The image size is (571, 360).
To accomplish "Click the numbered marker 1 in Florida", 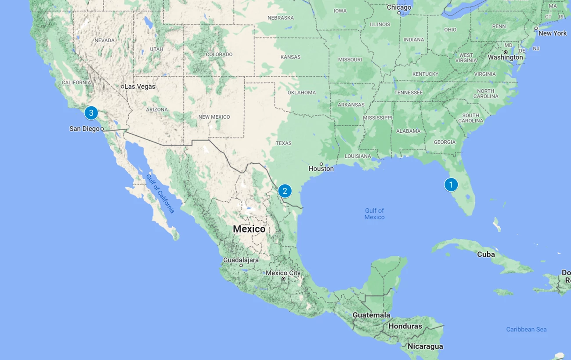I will coord(451,185).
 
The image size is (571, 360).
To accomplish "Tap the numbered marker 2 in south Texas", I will coord(285,191).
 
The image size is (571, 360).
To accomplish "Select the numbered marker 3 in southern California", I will coord(91,113).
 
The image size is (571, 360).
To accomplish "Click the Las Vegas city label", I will coord(140,87).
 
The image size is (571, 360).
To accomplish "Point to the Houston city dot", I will coord(321,164).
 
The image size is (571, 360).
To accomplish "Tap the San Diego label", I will coord(84,129).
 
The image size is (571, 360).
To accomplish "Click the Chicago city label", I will coord(399,7).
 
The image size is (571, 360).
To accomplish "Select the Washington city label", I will coord(505,58).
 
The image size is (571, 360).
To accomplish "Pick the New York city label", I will coord(552,33).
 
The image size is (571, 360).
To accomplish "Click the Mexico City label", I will coord(283,273).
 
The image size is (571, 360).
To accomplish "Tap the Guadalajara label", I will coord(241,260).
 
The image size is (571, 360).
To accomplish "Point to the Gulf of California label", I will coord(160,193).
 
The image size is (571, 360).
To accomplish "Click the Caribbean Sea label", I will coord(526,329).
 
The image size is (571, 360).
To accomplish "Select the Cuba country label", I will coord(486,255).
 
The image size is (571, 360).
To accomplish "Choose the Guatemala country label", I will coord(371,315).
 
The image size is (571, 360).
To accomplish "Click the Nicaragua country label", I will coord(425,346).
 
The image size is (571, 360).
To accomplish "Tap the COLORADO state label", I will coord(219,55).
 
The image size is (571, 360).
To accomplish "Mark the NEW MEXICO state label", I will coord(214,117).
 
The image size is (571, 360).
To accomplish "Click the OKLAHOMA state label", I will coord(301,93).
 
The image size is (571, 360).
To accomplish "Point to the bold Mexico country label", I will coord(249,229).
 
